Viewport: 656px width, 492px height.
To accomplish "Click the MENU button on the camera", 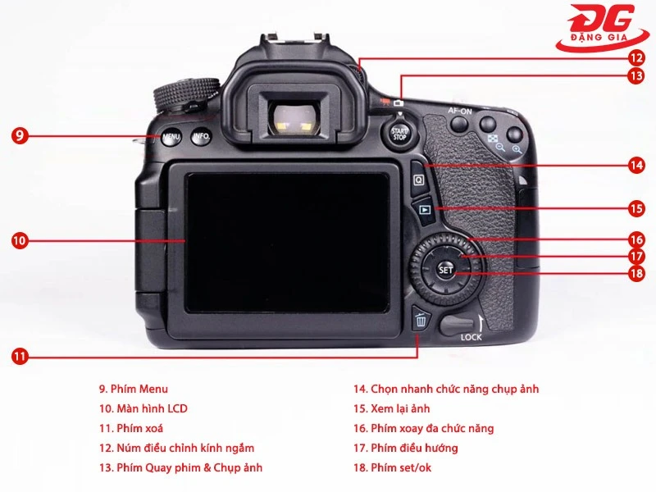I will click(x=171, y=137).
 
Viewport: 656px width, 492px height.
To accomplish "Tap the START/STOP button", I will click(x=399, y=133).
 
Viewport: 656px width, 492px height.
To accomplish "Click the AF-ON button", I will click(x=459, y=125).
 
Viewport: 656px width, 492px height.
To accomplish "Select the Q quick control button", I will click(x=419, y=178).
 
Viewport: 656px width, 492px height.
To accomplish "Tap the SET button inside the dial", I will click(x=445, y=269).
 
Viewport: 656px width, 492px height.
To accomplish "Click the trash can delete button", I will click(x=421, y=320).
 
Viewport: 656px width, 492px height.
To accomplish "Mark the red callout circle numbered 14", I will click(x=636, y=165).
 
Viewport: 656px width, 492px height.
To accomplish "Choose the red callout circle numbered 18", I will click(x=636, y=274).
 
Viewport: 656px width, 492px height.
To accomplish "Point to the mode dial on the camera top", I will click(x=188, y=93).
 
